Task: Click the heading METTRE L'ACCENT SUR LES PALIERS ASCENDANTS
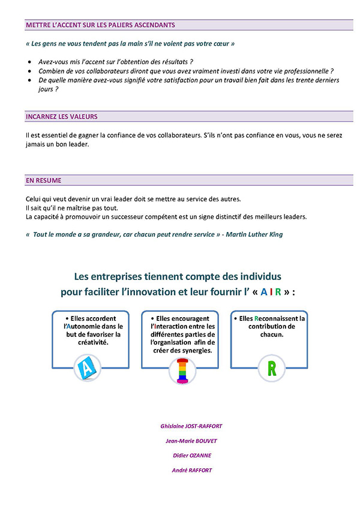[100, 25]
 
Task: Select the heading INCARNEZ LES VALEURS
[61, 116]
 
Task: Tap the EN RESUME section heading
[43, 180]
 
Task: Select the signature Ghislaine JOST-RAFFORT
[191, 426]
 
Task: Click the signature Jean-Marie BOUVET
[191, 441]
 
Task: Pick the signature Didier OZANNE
[191, 455]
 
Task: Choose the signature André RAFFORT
[191, 470]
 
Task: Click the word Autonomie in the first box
[84, 326]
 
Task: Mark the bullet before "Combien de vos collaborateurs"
[31, 71]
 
